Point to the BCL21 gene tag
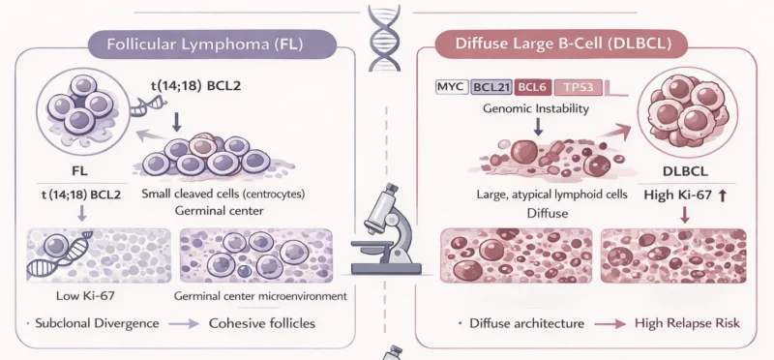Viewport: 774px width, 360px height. click(491, 88)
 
